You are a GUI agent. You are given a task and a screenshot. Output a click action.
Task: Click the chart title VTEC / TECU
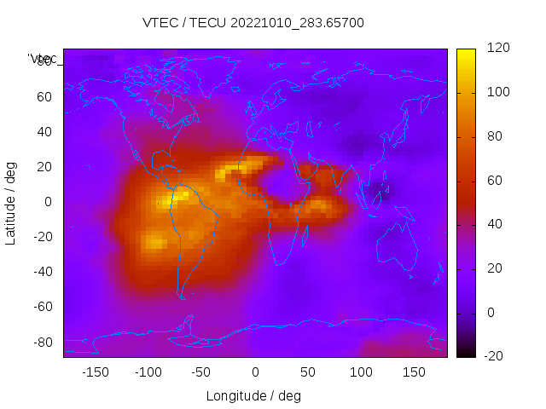click(253, 23)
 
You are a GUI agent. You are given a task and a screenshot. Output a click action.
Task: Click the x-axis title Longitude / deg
click(253, 395)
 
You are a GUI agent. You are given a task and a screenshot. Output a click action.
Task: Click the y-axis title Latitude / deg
click(11, 203)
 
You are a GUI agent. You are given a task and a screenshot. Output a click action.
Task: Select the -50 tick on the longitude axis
click(201, 372)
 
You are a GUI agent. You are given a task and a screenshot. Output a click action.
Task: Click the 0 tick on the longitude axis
click(255, 372)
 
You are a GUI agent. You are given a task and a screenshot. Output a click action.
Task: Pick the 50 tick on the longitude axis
click(308, 372)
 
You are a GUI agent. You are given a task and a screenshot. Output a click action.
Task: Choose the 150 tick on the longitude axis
click(415, 372)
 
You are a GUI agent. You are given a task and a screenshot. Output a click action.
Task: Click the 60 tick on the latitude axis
click(44, 97)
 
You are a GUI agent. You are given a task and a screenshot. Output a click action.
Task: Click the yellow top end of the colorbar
click(466, 54)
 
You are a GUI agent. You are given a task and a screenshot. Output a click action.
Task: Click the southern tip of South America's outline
click(182, 297)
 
